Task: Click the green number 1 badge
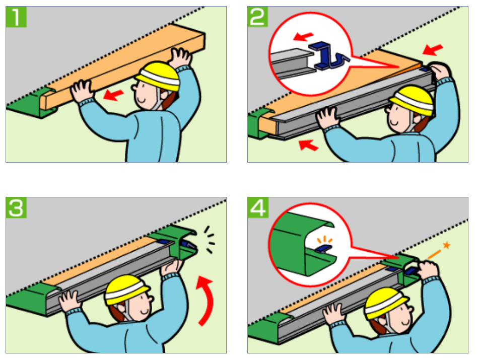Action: pyautogui.click(x=16, y=18)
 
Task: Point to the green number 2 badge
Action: pyautogui.click(x=258, y=18)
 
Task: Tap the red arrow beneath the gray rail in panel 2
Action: pyautogui.click(x=308, y=146)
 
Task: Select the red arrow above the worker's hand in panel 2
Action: pyautogui.click(x=433, y=49)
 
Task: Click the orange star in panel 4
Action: pyautogui.click(x=446, y=245)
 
